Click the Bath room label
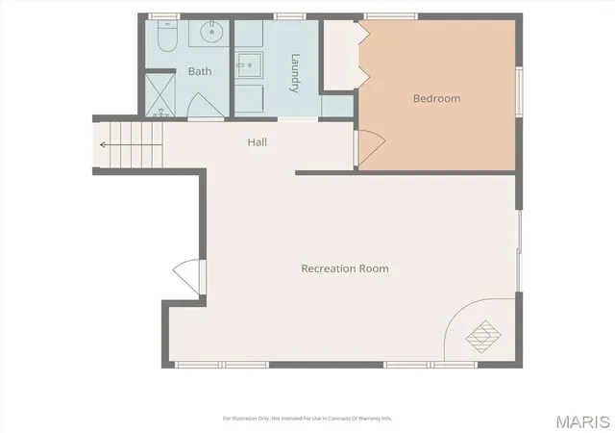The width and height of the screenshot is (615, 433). coord(200,71)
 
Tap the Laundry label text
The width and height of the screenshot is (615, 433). coord(295,73)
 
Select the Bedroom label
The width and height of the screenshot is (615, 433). coord(437,98)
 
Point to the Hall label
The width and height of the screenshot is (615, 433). coord(258,141)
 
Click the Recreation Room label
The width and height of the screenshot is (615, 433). coord(345,268)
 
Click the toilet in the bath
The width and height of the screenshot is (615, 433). coord(167,36)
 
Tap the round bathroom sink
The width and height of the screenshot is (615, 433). coord(211,32)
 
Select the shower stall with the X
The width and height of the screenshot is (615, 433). coord(160,95)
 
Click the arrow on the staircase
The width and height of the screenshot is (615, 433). coord(131,145)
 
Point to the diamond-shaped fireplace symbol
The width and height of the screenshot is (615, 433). coord(483,337)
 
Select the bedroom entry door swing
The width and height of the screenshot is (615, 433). coord(370,148)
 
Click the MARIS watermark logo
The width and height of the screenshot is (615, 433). coord(583,422)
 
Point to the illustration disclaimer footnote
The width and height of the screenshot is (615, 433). coord(307,419)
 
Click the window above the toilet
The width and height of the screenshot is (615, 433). coord(163,16)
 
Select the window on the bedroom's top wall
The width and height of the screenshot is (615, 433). coord(391,16)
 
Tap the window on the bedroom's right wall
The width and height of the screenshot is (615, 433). coord(519,91)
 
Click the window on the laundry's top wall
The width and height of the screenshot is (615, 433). coord(289,16)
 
